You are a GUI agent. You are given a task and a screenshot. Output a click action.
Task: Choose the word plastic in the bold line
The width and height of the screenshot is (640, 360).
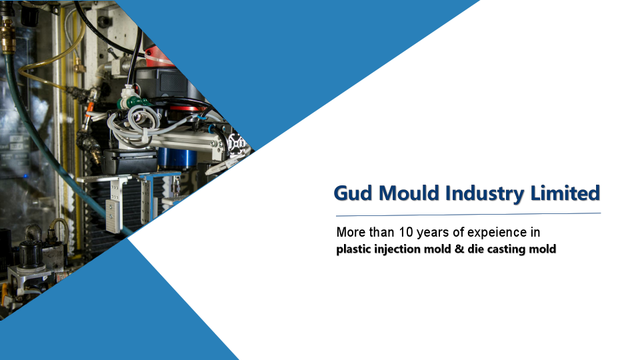tap(355, 250)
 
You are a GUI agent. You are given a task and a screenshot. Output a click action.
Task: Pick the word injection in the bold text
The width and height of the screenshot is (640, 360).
tap(400, 250)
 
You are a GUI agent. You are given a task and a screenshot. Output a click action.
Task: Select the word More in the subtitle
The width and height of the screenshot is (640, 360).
tap(351, 233)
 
